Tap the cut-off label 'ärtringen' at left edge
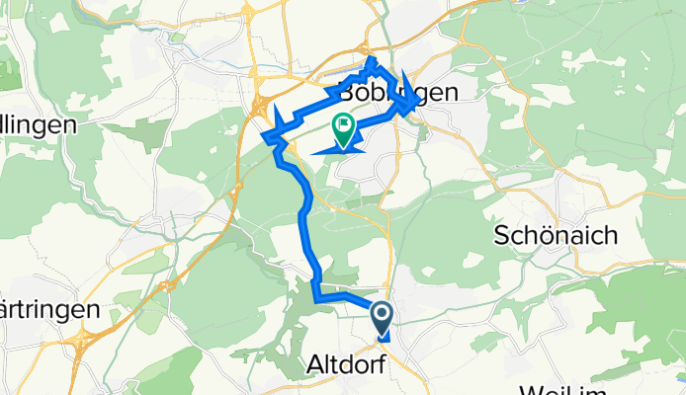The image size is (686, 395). click(49, 309)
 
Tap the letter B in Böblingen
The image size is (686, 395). click(348, 92)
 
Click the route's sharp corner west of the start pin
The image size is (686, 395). click(314, 296)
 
